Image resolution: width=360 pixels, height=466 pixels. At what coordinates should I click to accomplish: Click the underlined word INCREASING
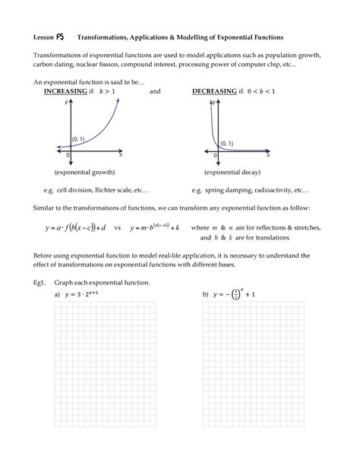click(x=65, y=91)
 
